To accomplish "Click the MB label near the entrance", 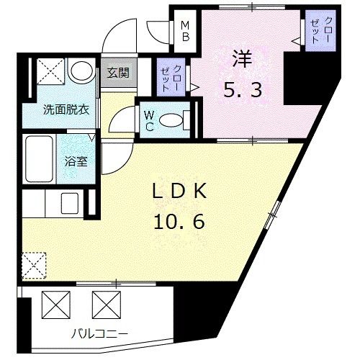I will [185, 30].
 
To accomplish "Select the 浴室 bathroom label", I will [78, 162].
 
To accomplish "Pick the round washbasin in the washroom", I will [81, 73].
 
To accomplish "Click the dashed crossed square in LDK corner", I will [33, 264].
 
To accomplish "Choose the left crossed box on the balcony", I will [55, 304].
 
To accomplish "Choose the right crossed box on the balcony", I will [104, 304].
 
